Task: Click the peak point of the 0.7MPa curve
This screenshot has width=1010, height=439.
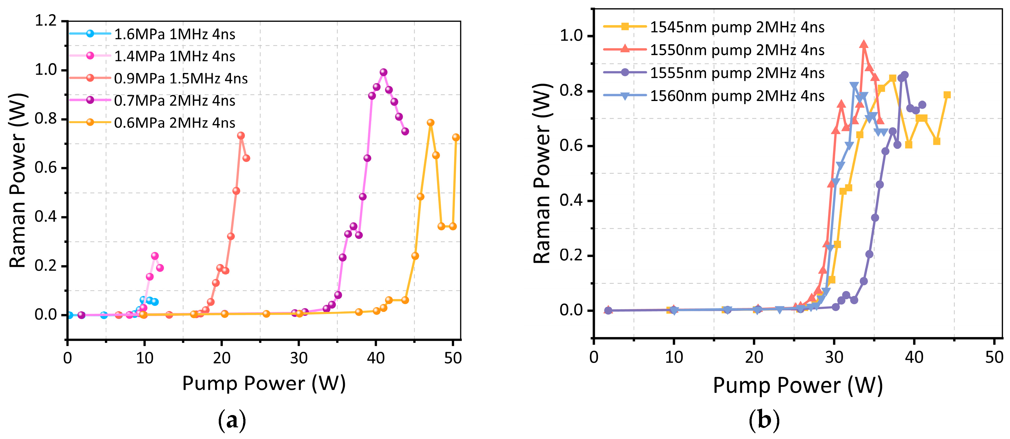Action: pyautogui.click(x=384, y=72)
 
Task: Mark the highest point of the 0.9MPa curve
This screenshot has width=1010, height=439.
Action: pyautogui.click(x=241, y=135)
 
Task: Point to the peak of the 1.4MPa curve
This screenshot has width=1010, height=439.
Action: pyautogui.click(x=155, y=256)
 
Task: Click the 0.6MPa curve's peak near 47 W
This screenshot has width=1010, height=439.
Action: pyautogui.click(x=430, y=122)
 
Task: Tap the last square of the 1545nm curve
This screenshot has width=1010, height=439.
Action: pyautogui.click(x=947, y=95)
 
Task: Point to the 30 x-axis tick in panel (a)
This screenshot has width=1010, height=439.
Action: pyautogui.click(x=299, y=358)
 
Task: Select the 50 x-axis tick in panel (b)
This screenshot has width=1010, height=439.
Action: pyautogui.click(x=994, y=357)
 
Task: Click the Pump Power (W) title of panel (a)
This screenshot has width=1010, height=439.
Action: pyautogui.click(x=264, y=383)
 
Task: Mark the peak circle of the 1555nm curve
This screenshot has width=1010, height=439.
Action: pyautogui.click(x=904, y=75)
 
